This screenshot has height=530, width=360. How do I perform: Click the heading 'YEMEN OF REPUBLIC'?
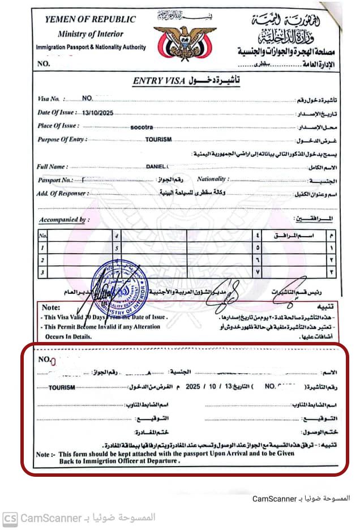coord(91,19)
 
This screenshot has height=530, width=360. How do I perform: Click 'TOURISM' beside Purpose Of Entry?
coord(158,139)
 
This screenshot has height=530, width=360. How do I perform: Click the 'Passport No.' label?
coord(55,180)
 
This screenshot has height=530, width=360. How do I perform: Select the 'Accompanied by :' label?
coord(64,220)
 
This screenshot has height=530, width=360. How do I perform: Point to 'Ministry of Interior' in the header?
coord(90,34)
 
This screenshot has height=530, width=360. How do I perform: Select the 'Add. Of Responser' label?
coord(61,194)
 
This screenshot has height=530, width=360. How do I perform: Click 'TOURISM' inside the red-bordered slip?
coord(62,388)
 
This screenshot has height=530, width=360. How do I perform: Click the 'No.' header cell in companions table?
coord(43,235)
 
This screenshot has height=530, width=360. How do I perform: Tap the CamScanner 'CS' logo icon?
coord(10,518)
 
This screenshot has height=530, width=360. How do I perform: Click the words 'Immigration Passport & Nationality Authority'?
coord(91,48)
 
